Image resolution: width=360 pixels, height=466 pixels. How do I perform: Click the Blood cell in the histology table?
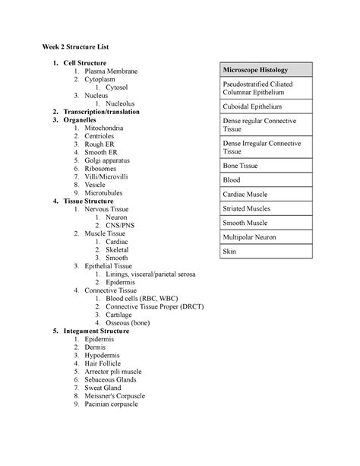coord(232,179)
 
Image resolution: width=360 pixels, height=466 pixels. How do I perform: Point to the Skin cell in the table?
coord(230,251)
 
